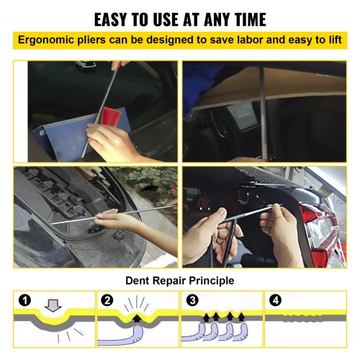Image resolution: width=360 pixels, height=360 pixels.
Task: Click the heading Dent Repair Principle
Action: (x=180, y=280)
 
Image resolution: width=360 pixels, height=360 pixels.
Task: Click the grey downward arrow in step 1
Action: (x=53, y=305)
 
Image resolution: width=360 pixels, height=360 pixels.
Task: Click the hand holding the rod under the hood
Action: (x=108, y=219)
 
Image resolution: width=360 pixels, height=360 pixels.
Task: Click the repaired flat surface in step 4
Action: (x=305, y=318)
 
